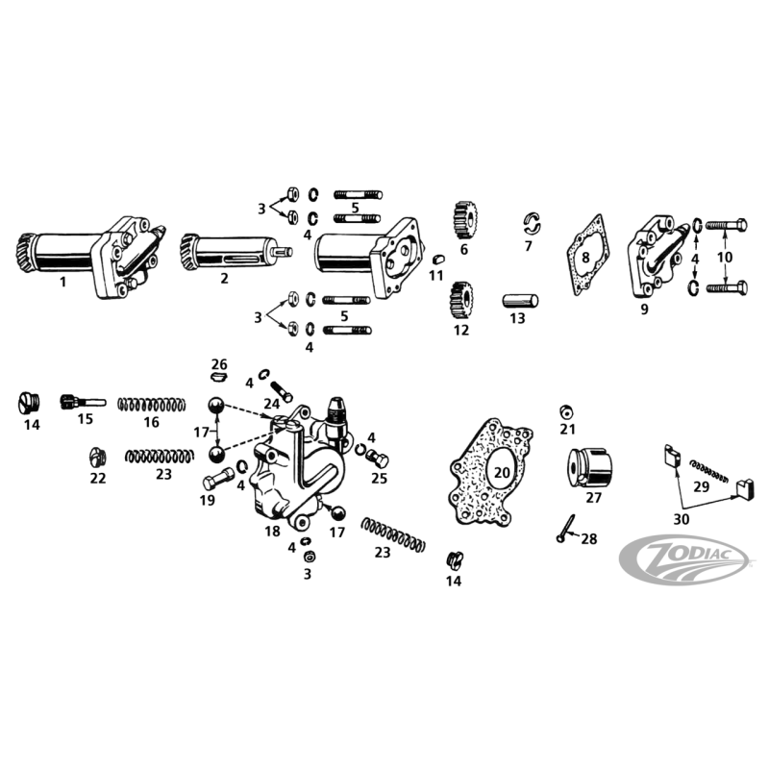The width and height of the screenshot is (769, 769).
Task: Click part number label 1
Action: point(62,282)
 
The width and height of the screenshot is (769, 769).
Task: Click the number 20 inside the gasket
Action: point(502,473)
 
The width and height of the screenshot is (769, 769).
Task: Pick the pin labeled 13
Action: point(520,300)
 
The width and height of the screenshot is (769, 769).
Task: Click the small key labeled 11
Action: point(438,259)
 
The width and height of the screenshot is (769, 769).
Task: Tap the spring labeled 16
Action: point(152,405)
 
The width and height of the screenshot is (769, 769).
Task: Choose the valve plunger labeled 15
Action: point(83,401)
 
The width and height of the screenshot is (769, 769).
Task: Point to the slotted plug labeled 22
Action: point(98,458)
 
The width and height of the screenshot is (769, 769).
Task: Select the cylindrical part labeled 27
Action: point(590,468)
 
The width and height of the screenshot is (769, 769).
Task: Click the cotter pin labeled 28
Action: point(566,529)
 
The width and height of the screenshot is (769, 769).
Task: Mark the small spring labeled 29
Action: point(710,471)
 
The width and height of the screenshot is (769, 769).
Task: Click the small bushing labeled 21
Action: point(567,411)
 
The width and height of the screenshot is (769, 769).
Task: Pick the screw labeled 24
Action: point(281,391)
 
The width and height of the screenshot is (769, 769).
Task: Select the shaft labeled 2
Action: point(236,252)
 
